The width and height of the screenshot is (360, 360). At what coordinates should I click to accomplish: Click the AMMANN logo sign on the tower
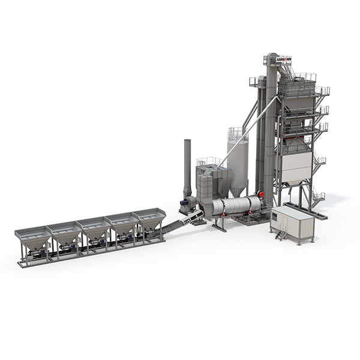click(x=284, y=59)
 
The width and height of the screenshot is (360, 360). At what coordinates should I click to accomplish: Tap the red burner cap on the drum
click(x=261, y=194)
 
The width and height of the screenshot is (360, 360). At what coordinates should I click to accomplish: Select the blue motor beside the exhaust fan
click(x=184, y=202)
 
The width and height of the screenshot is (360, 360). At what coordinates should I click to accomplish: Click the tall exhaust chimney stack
click(x=187, y=167)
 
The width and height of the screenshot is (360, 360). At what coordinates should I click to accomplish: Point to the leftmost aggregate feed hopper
click(x=33, y=239)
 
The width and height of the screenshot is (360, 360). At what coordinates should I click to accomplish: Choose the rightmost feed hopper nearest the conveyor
click(x=149, y=219)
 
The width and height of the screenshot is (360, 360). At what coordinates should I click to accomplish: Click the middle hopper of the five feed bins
click(x=94, y=229)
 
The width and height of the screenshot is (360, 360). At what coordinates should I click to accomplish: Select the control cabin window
click(x=275, y=215)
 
